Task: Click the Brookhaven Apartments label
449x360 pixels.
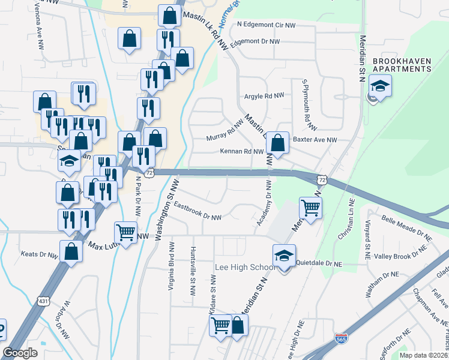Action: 402,65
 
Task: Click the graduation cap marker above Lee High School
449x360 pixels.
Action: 284,256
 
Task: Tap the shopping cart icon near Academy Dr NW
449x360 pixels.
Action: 311,208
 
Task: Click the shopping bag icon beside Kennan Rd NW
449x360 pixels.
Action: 277,144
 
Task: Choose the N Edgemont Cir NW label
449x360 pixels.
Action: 266,25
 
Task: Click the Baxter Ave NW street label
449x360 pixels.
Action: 315,140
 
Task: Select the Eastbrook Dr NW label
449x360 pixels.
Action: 197,211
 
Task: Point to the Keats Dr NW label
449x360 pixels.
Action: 40,254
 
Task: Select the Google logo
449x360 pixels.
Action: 20,353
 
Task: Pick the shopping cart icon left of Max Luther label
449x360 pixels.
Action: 125,232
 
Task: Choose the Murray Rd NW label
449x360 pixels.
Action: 224,130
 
